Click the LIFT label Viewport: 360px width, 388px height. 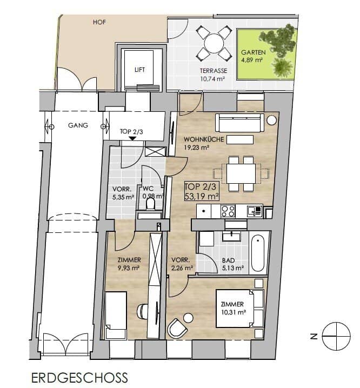[139, 70]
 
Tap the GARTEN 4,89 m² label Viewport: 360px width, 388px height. [253, 56]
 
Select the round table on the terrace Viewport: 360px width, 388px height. [214, 44]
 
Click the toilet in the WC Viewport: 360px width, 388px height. [150, 205]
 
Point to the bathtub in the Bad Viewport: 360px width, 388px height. [258, 253]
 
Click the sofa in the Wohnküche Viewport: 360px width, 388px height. [239, 123]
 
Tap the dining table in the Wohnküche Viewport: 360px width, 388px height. [241, 173]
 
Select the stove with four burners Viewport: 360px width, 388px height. [228, 211]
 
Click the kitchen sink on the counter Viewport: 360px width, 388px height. [255, 211]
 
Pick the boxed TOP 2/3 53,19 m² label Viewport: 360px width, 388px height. [202, 191]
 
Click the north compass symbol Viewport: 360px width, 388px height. [336, 336]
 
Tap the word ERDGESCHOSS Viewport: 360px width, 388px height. [79, 378]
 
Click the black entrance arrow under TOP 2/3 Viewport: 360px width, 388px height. [133, 138]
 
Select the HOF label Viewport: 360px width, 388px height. [99, 22]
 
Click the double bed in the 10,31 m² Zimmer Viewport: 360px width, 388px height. [239, 309]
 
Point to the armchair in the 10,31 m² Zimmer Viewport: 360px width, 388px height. [177, 327]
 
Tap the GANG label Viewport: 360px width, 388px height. [78, 125]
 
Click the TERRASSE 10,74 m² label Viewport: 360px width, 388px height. [214, 75]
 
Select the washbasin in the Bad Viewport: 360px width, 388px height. [231, 237]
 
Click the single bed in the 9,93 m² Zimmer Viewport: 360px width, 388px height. [116, 316]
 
